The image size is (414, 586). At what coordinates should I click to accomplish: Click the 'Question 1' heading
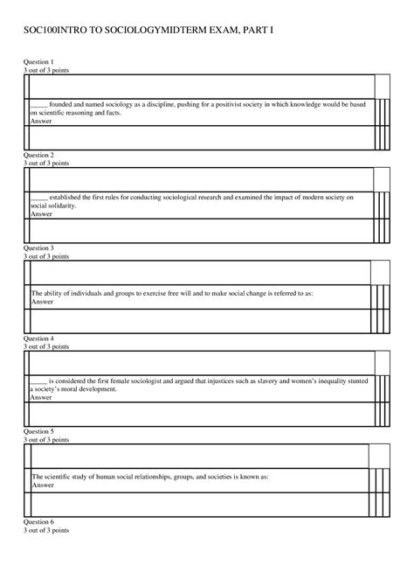point(38,62)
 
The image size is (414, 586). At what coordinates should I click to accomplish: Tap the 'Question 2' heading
point(38,155)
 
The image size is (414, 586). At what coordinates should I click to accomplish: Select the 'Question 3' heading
point(38,248)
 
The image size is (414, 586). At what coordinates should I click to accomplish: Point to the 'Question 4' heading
point(38,338)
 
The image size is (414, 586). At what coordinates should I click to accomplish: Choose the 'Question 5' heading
point(38,431)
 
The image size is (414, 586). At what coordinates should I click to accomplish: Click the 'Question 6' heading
point(38,521)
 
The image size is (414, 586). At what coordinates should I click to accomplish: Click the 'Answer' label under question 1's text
point(41,121)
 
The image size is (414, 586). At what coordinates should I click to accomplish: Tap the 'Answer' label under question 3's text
point(42,302)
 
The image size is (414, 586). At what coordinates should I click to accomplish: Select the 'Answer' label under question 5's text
point(42,485)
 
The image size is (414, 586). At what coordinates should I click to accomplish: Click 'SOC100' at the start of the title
point(41,31)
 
